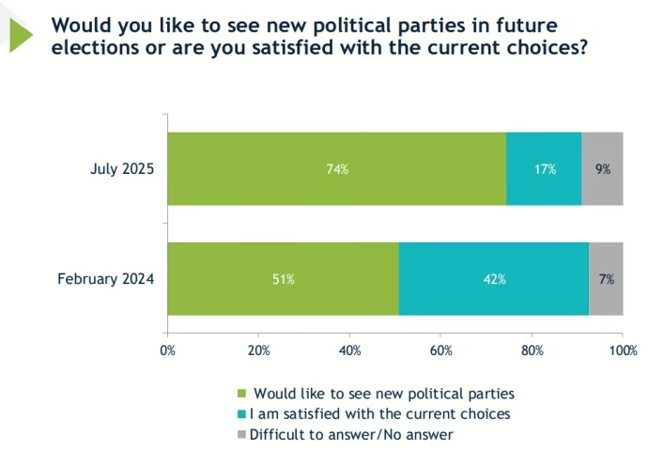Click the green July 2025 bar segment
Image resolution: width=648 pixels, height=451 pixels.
coord(282,169)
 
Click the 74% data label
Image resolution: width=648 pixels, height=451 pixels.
coord(337,170)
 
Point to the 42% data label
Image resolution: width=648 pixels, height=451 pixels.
coord(495,279)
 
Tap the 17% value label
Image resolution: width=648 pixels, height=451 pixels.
coord(545,170)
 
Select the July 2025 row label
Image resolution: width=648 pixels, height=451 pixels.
coord(122,170)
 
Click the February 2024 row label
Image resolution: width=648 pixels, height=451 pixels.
coord(106,279)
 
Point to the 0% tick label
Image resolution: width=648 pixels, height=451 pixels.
coord(168,350)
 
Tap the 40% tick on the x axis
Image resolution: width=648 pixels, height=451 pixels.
coord(350,350)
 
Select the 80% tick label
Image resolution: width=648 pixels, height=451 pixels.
coord(532,350)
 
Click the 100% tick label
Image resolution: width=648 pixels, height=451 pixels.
coord(620,350)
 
